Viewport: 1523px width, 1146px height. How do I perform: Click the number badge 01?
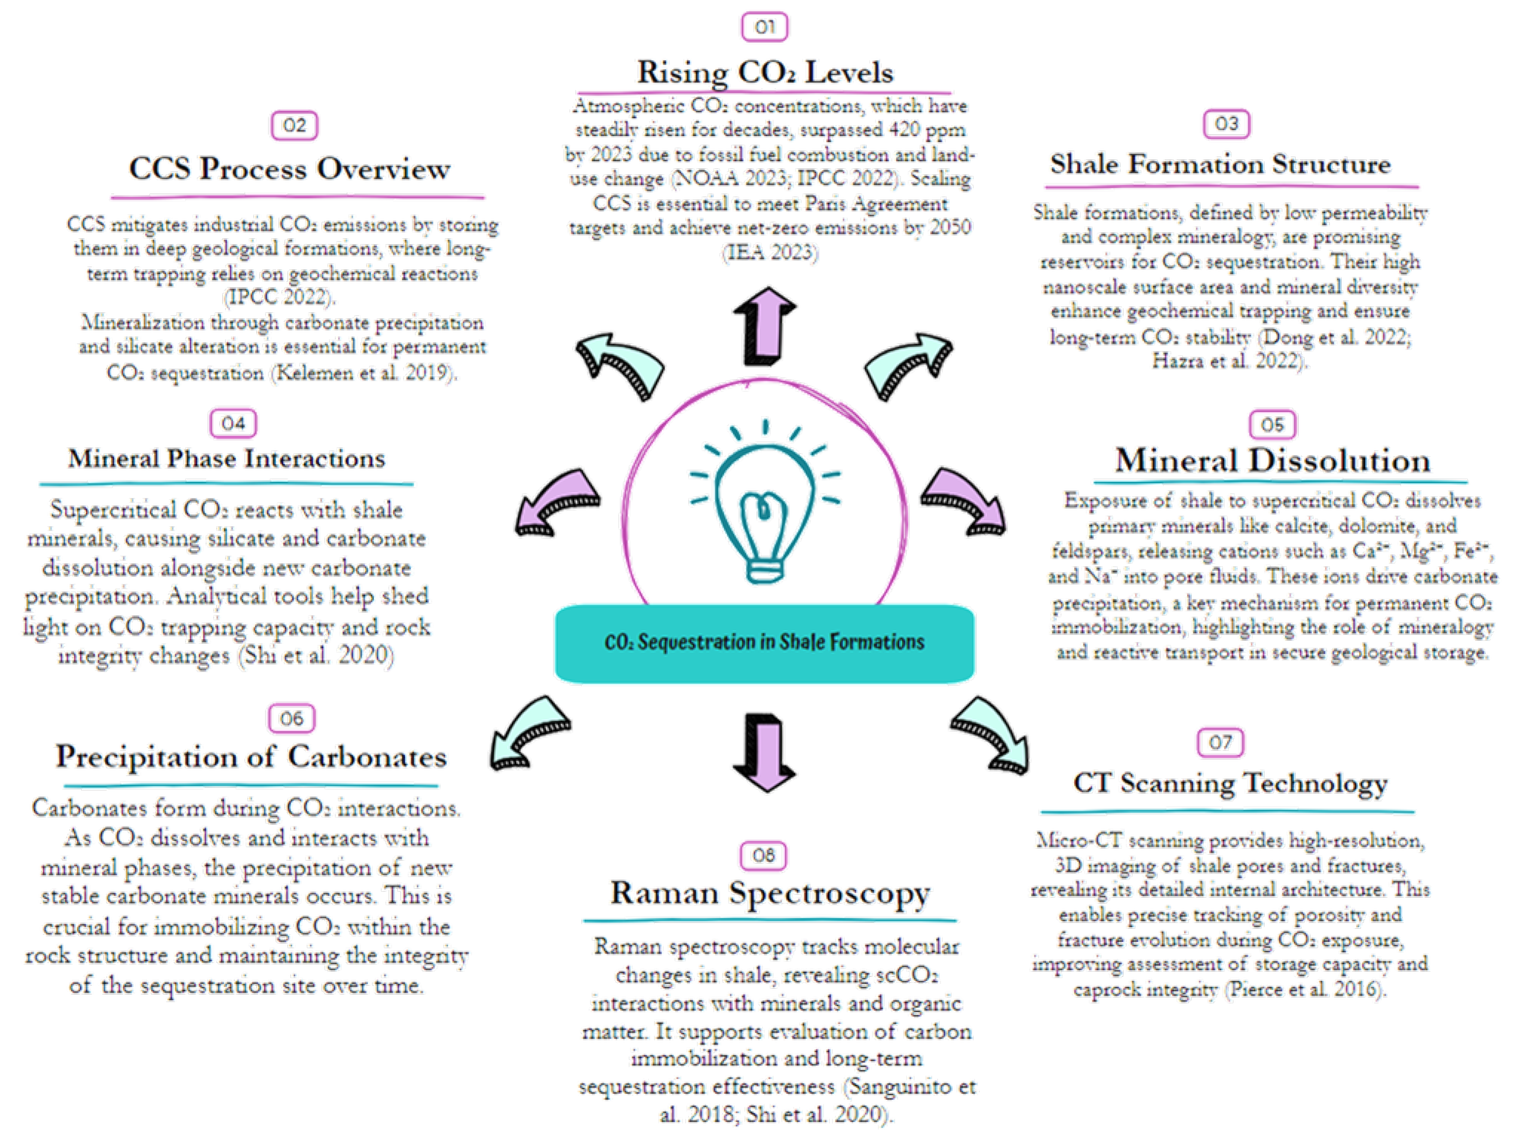764,27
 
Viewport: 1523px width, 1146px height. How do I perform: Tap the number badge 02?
295,125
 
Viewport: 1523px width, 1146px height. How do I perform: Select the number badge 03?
1226,124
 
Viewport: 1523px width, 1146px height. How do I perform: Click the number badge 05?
1273,425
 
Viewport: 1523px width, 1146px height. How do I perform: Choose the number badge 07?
1220,742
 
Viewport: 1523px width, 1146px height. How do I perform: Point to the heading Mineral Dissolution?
1273,460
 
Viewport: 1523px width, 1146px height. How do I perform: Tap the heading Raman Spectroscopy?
770,893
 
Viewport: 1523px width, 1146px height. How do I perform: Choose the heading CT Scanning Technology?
1230,784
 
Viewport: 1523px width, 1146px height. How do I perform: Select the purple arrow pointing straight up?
764,325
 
